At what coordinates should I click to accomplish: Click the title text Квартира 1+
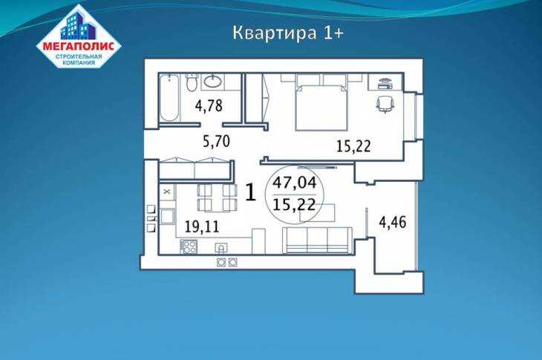pyautogui.click(x=288, y=33)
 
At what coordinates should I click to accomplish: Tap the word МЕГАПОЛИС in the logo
pyautogui.click(x=79, y=46)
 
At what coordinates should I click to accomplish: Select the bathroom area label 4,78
pyautogui.click(x=209, y=105)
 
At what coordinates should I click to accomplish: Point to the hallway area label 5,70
pyautogui.click(x=216, y=141)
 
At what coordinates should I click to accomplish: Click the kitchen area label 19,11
pyautogui.click(x=201, y=226)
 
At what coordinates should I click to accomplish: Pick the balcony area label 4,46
pyautogui.click(x=392, y=222)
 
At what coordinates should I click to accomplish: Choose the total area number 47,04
pyautogui.click(x=295, y=182)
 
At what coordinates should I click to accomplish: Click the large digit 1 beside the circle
pyautogui.click(x=250, y=192)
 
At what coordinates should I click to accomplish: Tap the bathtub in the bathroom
pyautogui.click(x=169, y=98)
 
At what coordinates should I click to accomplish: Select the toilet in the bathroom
pyautogui.click(x=191, y=82)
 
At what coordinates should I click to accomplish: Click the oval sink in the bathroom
pyautogui.click(x=212, y=81)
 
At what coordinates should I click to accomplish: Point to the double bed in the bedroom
pyautogui.click(x=321, y=102)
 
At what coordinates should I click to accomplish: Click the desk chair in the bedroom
pyautogui.click(x=385, y=104)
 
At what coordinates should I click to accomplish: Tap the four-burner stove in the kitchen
pyautogui.click(x=189, y=246)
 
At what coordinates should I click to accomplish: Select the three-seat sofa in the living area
pyautogui.click(x=317, y=240)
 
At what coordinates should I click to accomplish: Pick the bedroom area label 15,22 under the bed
pyautogui.click(x=353, y=146)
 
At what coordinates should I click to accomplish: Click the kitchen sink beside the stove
pyautogui.click(x=221, y=248)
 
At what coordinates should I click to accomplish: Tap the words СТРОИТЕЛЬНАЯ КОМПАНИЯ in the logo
pyautogui.click(x=79, y=59)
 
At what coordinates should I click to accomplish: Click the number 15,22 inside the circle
pyautogui.click(x=294, y=205)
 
